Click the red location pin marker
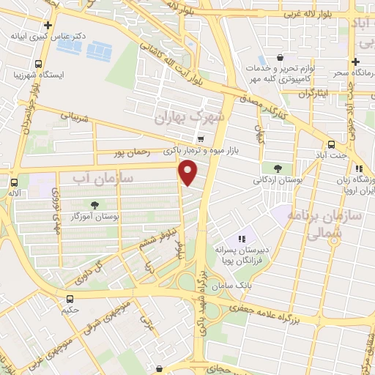189,173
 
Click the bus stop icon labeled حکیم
70,299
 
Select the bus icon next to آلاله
14,181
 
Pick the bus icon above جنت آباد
332,144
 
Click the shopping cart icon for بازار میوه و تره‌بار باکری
200,138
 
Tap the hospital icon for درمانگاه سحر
355,63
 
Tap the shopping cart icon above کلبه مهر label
280,56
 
